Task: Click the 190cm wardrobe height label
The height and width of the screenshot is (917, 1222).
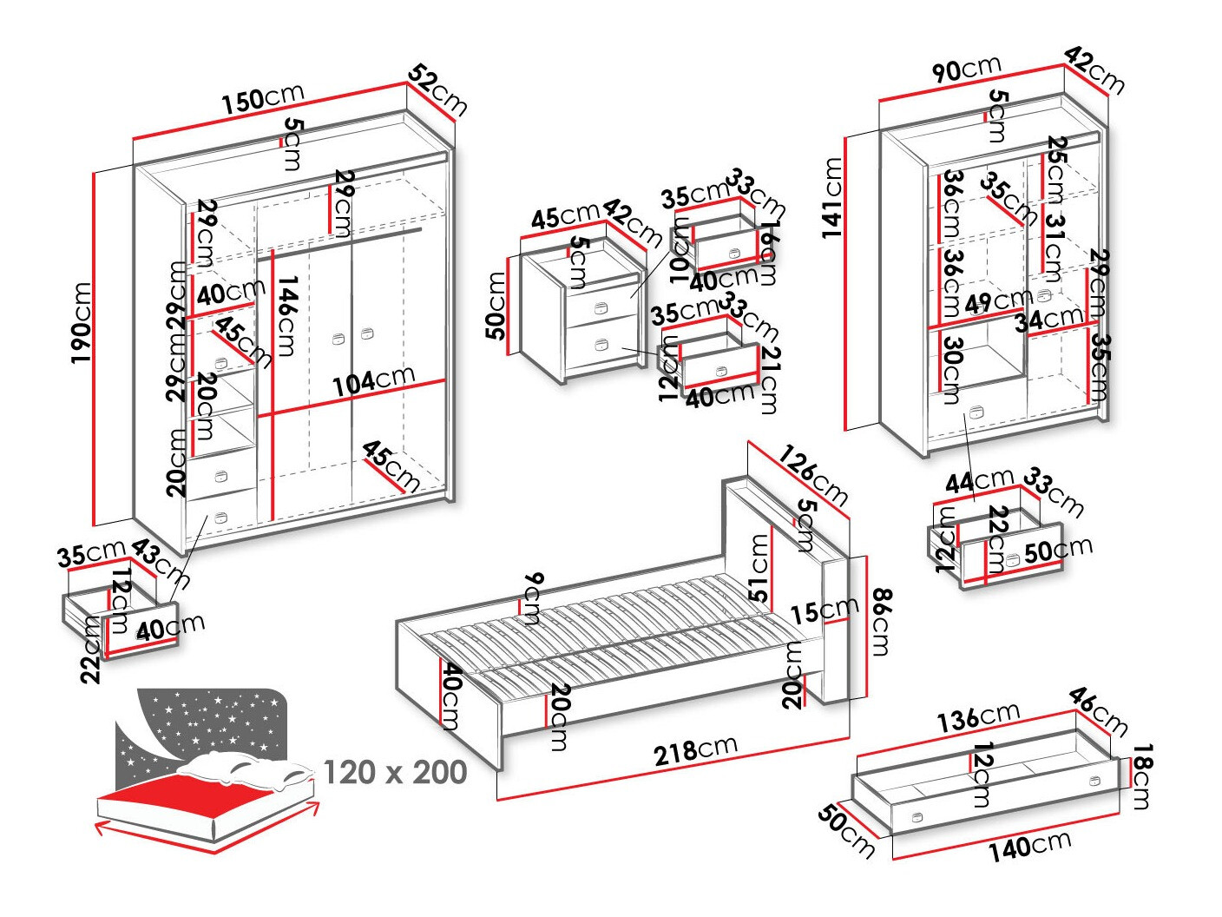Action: click(x=82, y=322)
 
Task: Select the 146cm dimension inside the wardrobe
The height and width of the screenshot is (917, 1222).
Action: click(x=287, y=316)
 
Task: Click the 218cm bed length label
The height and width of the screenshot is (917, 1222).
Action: click(x=696, y=749)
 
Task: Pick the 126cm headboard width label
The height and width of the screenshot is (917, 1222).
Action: click(x=812, y=475)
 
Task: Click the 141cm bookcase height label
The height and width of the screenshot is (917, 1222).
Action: click(x=833, y=197)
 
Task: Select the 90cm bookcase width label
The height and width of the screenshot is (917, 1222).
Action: click(x=967, y=69)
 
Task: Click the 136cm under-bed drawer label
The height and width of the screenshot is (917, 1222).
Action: click(x=978, y=716)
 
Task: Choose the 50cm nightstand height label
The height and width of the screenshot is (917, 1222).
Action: click(x=496, y=305)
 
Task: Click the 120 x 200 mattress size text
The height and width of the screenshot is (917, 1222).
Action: click(x=395, y=771)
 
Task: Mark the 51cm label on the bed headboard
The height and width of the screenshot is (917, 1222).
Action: click(x=759, y=568)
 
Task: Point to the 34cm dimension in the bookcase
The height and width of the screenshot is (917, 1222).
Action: click(x=1049, y=319)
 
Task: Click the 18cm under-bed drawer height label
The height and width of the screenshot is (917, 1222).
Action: click(x=1142, y=776)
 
